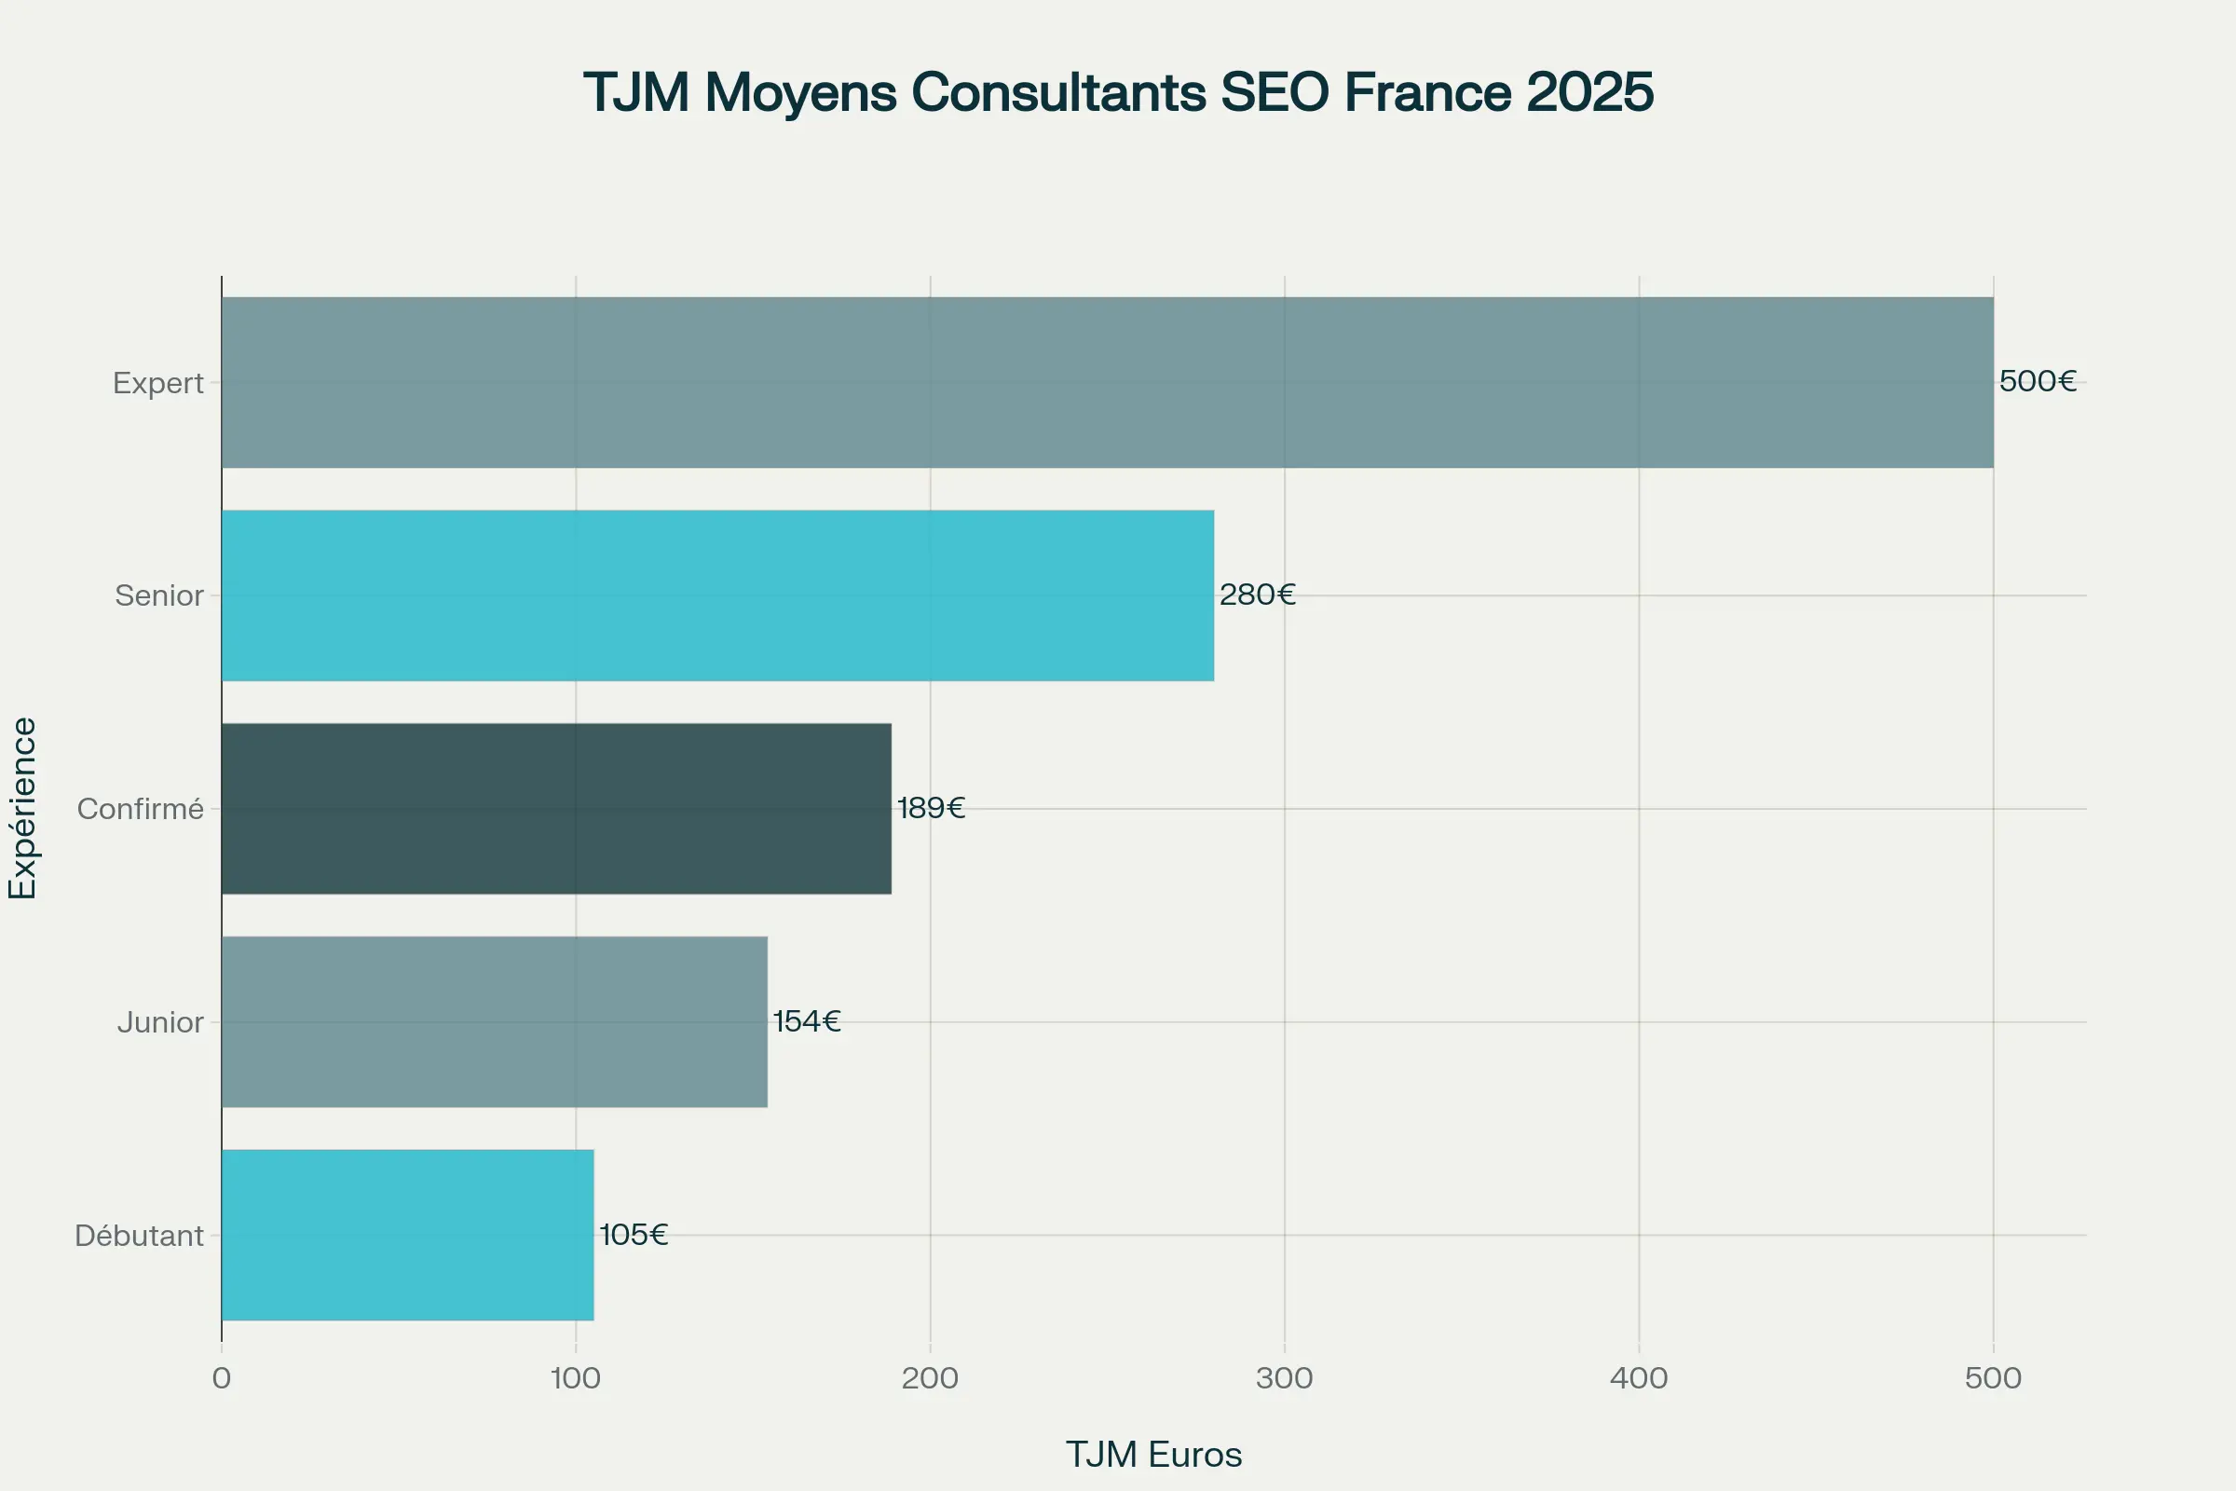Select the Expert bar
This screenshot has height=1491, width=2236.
coord(1108,382)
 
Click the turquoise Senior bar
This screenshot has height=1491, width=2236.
coord(717,595)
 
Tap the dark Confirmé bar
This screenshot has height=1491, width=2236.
coord(556,808)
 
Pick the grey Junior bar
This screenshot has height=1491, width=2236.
coord(495,1021)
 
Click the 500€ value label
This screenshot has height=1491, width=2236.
coord(2038,381)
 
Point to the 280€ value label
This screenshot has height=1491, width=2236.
coord(1257,595)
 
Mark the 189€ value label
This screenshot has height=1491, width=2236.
coord(931,807)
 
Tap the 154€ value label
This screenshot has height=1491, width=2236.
coord(806,1021)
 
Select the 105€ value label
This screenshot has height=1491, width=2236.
coord(634,1234)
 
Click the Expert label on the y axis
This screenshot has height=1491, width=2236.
coord(157,382)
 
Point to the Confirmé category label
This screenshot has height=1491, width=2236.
coord(141,809)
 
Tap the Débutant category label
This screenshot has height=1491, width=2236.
coord(139,1236)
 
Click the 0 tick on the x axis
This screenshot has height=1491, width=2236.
coord(222,1378)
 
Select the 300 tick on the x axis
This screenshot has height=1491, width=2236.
coord(1285,1378)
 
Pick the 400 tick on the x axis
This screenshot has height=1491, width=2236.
coord(1639,1378)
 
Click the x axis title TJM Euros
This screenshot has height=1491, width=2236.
coord(1153,1455)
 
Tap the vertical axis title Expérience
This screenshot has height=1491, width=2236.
coord(21,807)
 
